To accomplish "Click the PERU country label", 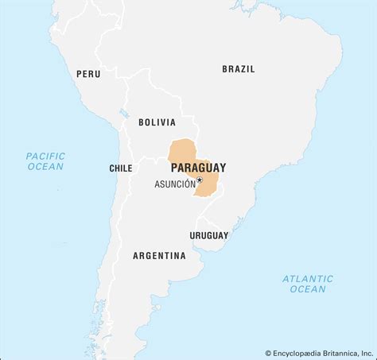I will pyautogui.click(x=88, y=74).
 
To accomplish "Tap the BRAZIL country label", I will pyautogui.click(x=239, y=69).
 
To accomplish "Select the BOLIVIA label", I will pyautogui.click(x=157, y=122).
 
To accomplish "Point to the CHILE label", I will pyautogui.click(x=121, y=168).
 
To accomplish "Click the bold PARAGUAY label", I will pyautogui.click(x=198, y=168).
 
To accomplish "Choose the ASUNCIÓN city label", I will pyautogui.click(x=174, y=184).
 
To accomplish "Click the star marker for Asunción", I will pyautogui.click(x=200, y=180).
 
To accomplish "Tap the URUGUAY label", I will pyautogui.click(x=208, y=235).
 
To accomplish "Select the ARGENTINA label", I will pyautogui.click(x=159, y=256).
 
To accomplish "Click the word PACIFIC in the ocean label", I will pyautogui.click(x=45, y=156).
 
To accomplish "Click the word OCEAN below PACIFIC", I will pyautogui.click(x=45, y=167).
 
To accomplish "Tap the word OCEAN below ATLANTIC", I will pyautogui.click(x=307, y=289).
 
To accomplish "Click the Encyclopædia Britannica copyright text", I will pyautogui.click(x=318, y=353).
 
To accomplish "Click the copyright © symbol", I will pyautogui.click(x=269, y=353).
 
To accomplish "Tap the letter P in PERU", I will pyautogui.click(x=80, y=74).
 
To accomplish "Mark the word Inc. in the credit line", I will pyautogui.click(x=366, y=353).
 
